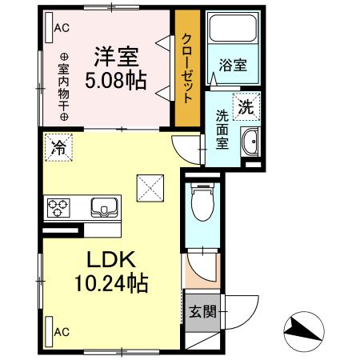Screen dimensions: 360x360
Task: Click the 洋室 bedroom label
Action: [118, 57]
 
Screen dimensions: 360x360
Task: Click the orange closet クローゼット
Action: [186, 68]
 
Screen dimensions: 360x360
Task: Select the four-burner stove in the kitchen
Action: [58, 208]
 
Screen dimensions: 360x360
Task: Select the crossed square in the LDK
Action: [150, 187]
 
